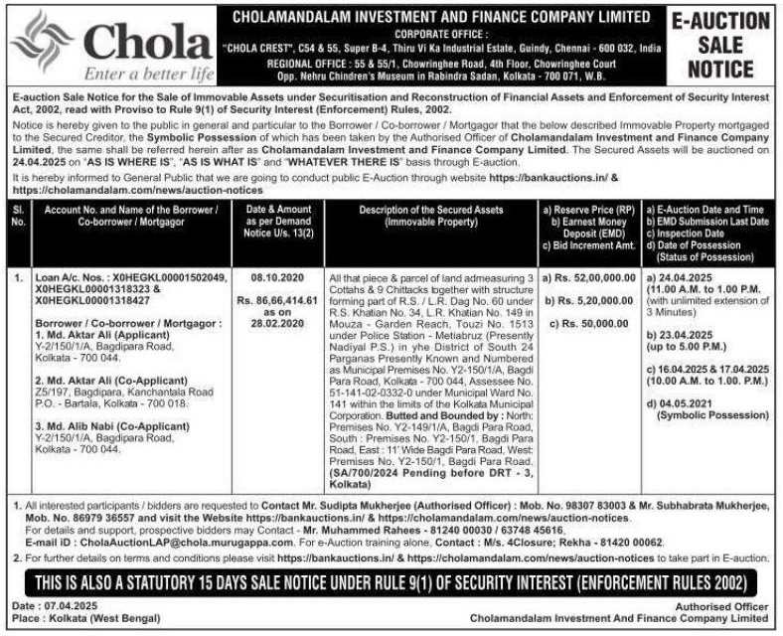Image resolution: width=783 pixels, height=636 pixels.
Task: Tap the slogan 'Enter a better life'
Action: click(x=149, y=74)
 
